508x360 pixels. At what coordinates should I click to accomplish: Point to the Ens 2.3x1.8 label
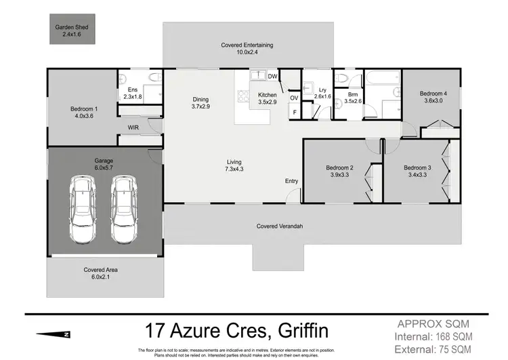[132, 93]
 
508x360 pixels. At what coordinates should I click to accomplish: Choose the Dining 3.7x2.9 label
[201, 102]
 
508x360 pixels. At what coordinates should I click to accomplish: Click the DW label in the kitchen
[272, 77]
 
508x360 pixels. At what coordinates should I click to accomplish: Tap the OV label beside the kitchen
[294, 98]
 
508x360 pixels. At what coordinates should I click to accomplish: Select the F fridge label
[294, 112]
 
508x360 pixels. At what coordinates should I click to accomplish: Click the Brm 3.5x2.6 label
[353, 98]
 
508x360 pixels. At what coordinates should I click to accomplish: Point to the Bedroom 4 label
[432, 97]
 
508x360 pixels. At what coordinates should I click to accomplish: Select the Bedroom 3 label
[417, 170]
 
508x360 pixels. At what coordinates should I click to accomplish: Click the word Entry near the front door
[291, 181]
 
